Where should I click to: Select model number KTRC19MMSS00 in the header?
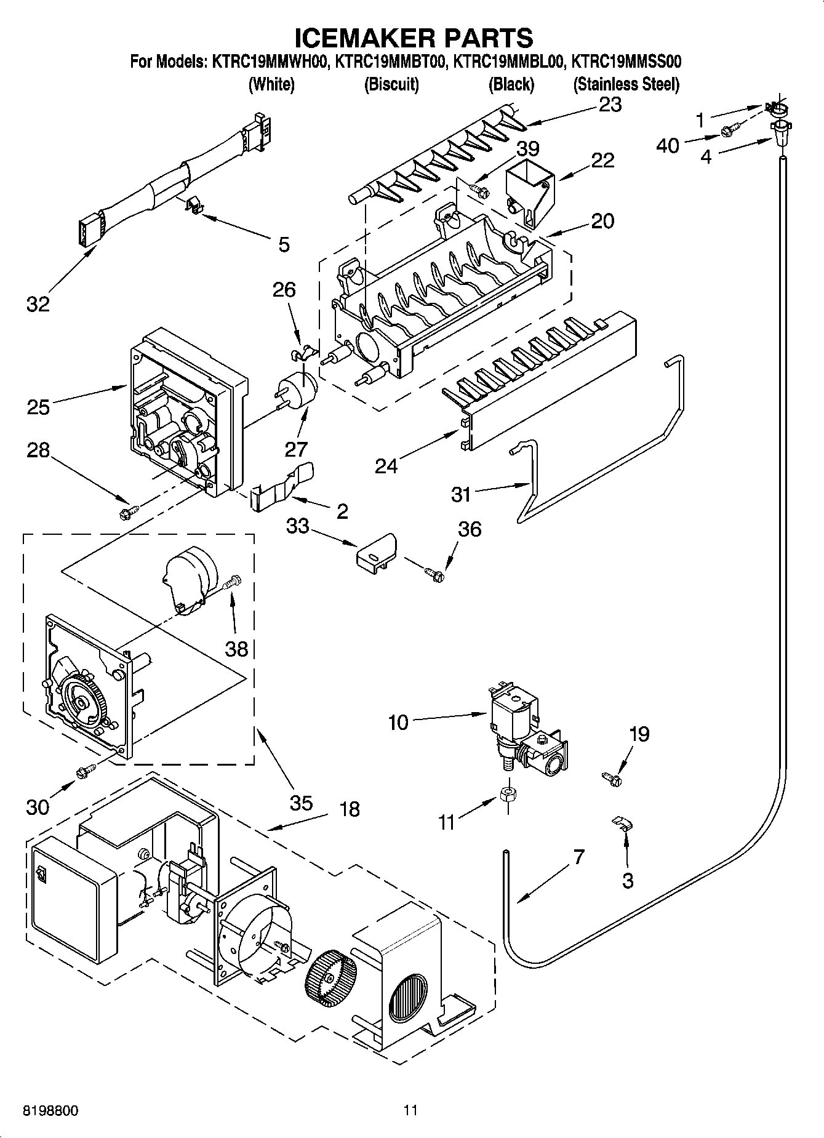coord(626,62)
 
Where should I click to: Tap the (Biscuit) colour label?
coord(391,84)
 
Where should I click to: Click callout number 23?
coord(610,105)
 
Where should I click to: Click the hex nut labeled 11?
coord(508,795)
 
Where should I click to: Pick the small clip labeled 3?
coord(623,823)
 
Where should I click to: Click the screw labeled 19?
coord(612,779)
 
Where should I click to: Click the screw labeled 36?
coord(434,573)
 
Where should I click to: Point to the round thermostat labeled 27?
coord(298,390)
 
